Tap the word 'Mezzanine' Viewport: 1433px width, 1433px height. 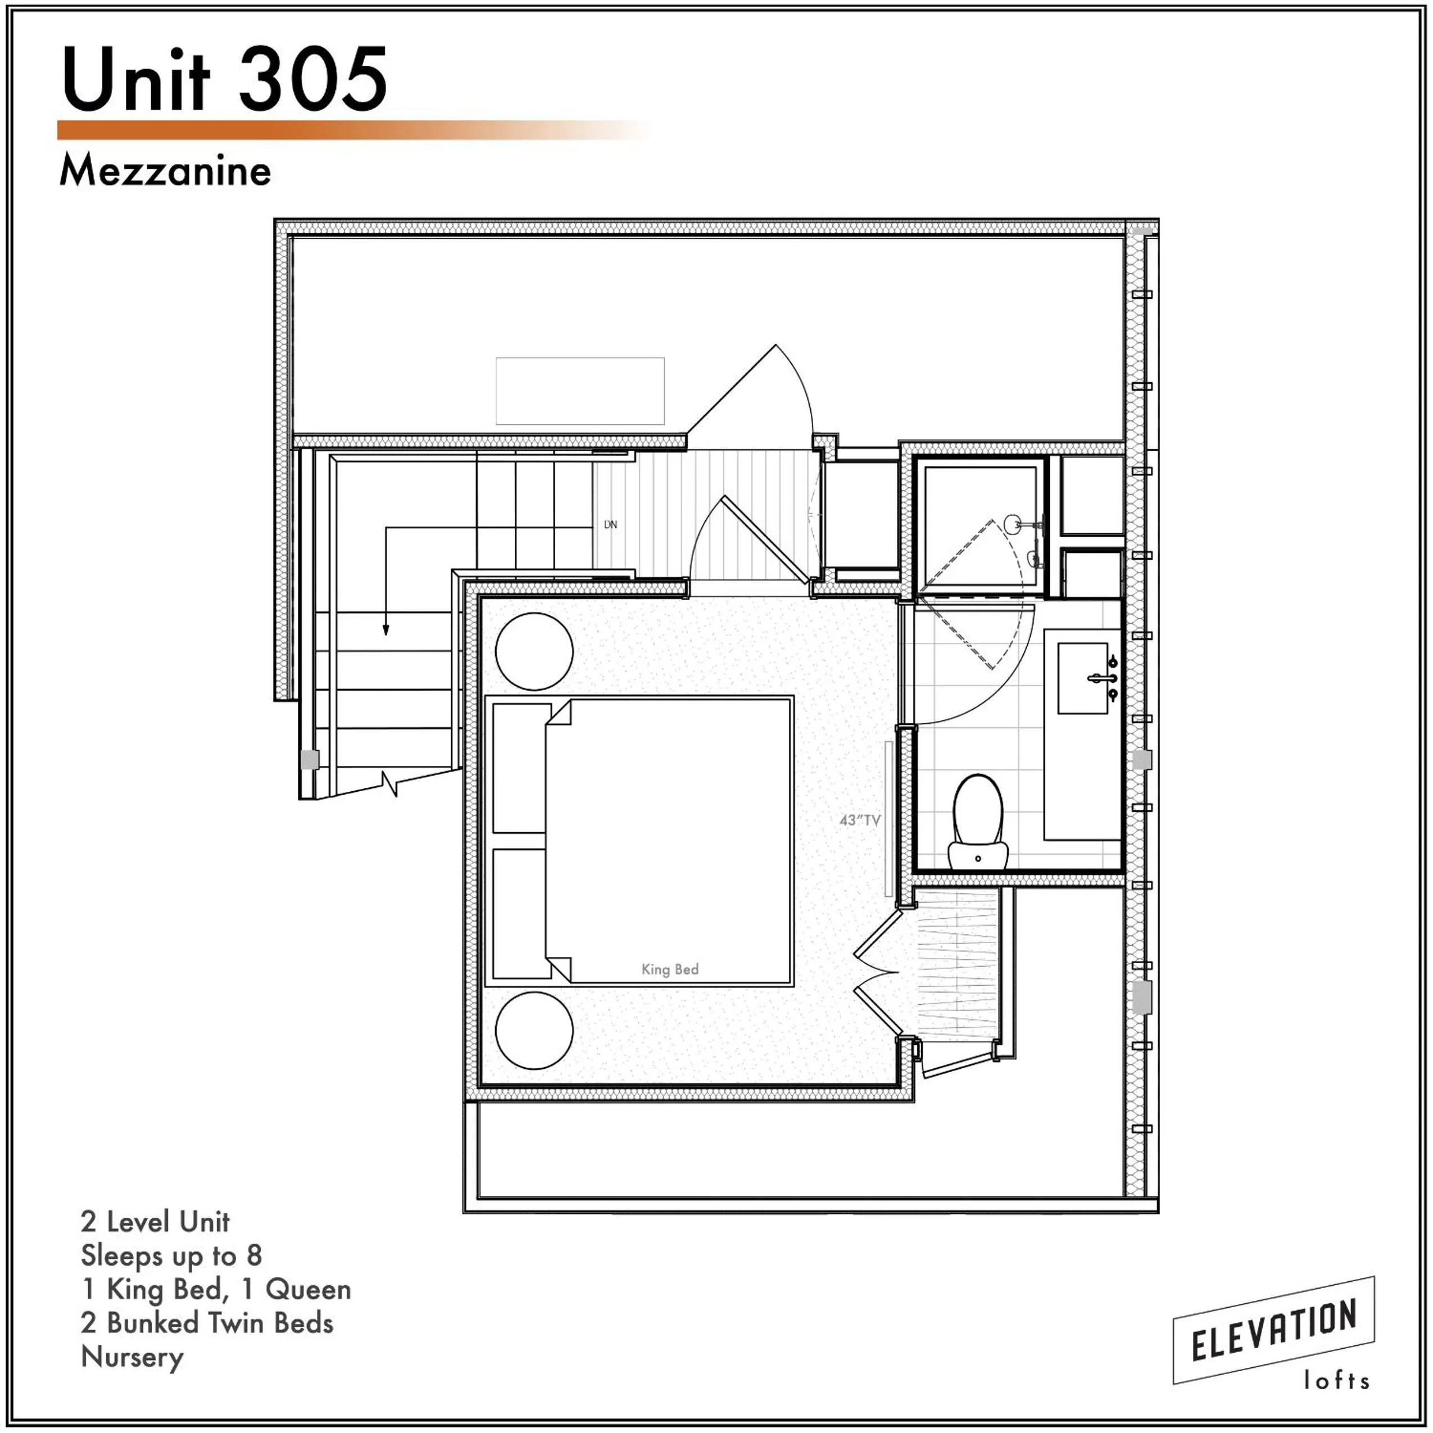pos(165,171)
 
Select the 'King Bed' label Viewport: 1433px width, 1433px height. pos(669,969)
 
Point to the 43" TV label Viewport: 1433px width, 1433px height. pos(860,819)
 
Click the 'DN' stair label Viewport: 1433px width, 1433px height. pos(610,524)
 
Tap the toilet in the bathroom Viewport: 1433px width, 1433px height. pos(978,821)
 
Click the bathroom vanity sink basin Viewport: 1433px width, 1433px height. pos(1082,678)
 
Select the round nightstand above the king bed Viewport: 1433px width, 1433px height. pos(534,651)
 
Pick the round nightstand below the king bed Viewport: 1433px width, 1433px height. pos(534,1030)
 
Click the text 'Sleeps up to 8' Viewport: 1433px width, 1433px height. pos(171,1255)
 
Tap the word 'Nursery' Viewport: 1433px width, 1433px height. pos(132,1357)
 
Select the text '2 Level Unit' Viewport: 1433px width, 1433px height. pos(155,1221)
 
